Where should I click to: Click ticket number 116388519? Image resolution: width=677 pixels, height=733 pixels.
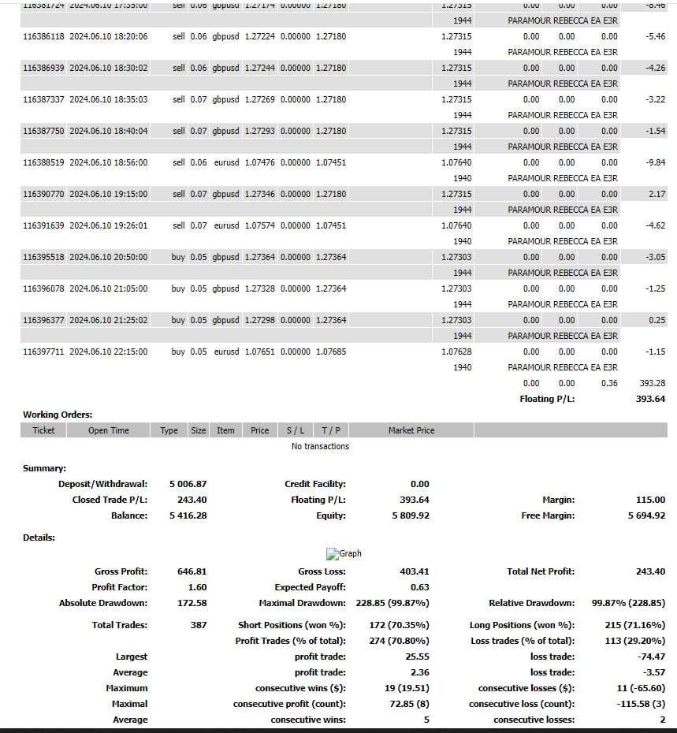tap(43, 162)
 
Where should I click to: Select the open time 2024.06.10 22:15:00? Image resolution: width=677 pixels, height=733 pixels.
tap(108, 352)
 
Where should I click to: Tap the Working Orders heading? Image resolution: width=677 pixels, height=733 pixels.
tap(58, 415)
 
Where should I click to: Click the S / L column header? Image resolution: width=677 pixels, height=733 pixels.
tap(296, 430)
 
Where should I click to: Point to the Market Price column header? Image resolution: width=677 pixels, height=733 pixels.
tap(411, 430)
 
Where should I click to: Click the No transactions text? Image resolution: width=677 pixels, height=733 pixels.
tap(320, 446)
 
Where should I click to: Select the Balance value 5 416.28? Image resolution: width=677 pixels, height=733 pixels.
tap(188, 515)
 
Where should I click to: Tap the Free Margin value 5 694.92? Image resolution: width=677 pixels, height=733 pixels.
tap(646, 515)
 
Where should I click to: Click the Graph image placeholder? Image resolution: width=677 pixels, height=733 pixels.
tap(344, 553)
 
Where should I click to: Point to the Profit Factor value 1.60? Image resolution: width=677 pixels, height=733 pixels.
tap(197, 587)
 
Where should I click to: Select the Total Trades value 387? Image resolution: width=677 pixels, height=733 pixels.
tap(199, 625)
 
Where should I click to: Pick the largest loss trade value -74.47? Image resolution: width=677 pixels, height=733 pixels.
tap(650, 657)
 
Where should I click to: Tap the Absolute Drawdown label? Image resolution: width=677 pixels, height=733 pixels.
tap(103, 603)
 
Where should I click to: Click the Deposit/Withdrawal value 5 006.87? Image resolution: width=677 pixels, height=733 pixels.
tap(188, 484)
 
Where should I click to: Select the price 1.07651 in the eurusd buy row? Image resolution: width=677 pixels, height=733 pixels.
tap(259, 352)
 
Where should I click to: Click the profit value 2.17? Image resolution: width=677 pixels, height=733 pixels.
tap(656, 194)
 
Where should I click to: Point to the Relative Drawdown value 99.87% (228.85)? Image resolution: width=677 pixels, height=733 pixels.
tap(628, 603)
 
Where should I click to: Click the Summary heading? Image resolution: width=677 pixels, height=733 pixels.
tap(44, 468)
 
